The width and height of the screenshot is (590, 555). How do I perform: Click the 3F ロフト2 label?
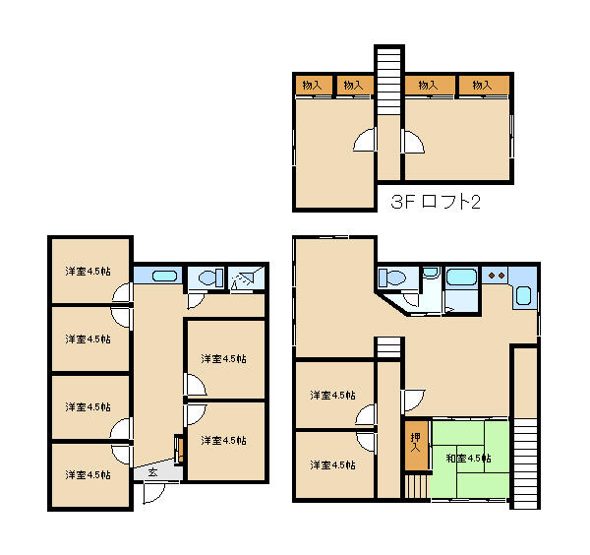[436, 202]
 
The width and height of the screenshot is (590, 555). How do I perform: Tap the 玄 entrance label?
[152, 472]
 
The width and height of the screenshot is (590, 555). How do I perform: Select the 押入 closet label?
[415, 443]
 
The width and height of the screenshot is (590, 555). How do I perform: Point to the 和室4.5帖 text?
[468, 459]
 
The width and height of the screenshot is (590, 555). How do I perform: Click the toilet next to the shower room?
[208, 278]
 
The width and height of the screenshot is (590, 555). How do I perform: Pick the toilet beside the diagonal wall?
[391, 277]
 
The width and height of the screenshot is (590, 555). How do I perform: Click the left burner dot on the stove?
[492, 276]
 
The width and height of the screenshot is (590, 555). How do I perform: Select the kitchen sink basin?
[523, 295]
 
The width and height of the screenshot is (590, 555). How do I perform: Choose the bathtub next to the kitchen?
[461, 277]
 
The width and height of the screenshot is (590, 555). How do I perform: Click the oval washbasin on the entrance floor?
[164, 276]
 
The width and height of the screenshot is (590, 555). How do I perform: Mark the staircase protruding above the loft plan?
[389, 81]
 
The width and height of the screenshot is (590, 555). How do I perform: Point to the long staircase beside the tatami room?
[525, 462]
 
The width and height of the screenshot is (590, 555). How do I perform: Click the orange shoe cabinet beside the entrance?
[180, 449]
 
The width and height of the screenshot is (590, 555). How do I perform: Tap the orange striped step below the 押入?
[417, 486]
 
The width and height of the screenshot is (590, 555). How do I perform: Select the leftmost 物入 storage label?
[312, 85]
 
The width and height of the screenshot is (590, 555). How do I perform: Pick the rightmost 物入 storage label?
[482, 85]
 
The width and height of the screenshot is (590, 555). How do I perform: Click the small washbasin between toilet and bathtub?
[432, 272]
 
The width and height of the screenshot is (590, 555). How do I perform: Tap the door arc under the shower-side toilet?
[197, 301]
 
